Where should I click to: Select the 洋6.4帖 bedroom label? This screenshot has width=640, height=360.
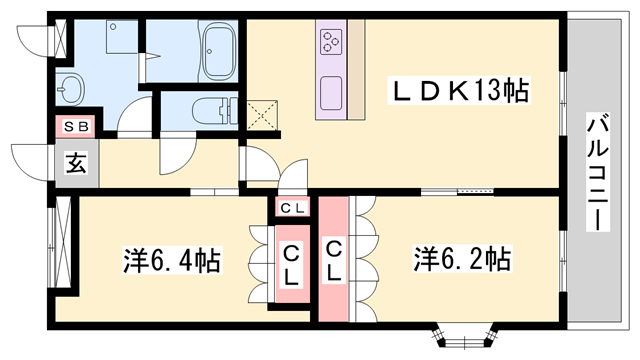(172, 261)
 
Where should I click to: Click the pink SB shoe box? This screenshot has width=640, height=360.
(74, 126)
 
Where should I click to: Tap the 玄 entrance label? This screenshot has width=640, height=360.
(76, 163)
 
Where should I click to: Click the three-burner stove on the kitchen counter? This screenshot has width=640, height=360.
(332, 41)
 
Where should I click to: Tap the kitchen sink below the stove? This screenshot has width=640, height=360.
(331, 94)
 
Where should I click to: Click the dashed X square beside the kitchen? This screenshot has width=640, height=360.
(263, 112)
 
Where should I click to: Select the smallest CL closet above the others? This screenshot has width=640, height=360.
(292, 208)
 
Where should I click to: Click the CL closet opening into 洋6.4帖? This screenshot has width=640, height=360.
(291, 265)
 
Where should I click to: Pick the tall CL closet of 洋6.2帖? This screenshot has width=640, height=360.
(334, 260)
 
